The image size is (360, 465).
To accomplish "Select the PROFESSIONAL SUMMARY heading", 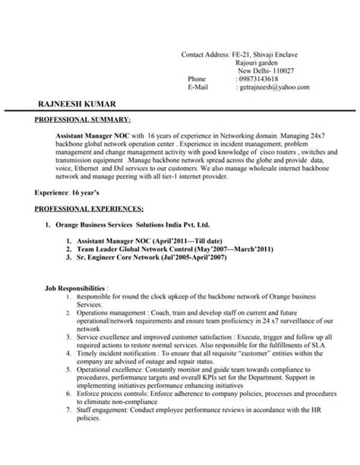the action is point(83,119).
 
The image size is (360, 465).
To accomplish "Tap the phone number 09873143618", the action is point(257,79).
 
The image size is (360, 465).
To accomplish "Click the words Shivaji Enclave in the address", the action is point(280,55).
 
